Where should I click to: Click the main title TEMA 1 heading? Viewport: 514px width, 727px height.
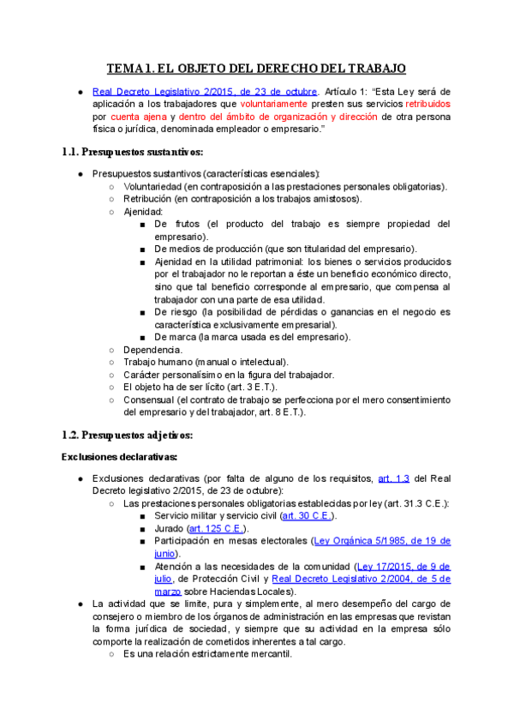pos(256,69)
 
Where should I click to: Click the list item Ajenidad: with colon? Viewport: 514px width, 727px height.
pos(142,211)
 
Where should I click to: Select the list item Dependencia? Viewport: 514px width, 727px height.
pos(152,350)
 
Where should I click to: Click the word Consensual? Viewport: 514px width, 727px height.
pos(148,400)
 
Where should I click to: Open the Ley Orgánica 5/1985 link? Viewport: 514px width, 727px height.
pos(382,541)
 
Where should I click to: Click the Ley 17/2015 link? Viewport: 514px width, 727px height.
pos(403,567)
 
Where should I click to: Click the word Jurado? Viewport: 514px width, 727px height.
pos(170,529)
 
